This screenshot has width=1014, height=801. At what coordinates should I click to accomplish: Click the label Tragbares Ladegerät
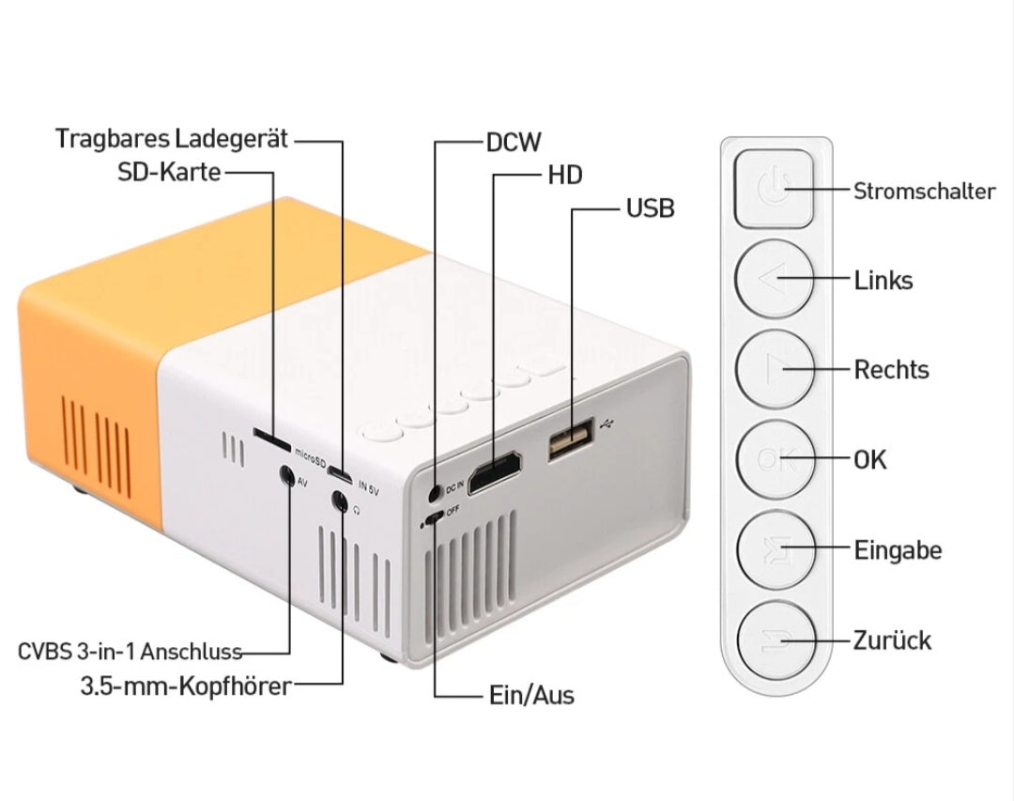[x=172, y=139]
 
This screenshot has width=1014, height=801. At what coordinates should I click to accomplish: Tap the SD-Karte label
[x=169, y=172]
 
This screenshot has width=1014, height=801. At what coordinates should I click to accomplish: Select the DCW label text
[x=514, y=142]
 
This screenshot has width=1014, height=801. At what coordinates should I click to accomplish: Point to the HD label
[x=564, y=175]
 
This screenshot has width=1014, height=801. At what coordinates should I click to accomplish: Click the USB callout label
[x=650, y=208]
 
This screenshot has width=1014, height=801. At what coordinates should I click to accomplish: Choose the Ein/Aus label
[x=531, y=696]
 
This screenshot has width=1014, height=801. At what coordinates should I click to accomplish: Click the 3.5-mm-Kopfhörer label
[x=186, y=685]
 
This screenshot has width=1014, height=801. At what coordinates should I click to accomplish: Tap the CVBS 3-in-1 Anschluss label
[x=131, y=652]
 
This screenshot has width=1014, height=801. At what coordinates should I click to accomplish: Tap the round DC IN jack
[x=434, y=491]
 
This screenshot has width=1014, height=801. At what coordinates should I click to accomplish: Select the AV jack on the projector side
[x=286, y=476]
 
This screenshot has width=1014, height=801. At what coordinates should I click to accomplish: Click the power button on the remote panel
[x=773, y=192]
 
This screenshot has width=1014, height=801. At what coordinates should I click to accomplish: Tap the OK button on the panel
[x=773, y=460]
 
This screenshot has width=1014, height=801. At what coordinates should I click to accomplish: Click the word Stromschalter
[x=924, y=192]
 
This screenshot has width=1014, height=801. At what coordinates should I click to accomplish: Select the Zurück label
[x=892, y=640]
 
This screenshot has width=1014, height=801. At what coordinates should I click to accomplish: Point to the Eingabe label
[x=898, y=550]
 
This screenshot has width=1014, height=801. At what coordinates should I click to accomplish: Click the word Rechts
[x=891, y=370]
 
